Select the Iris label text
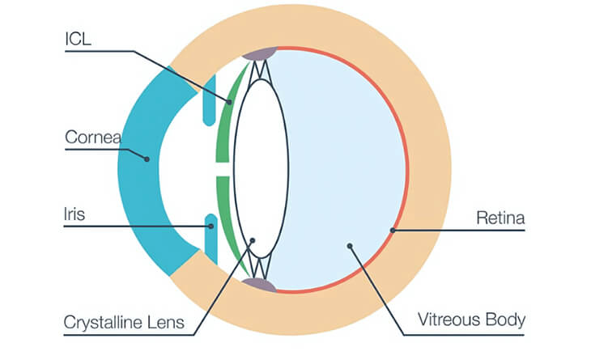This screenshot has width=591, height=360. point(74,214)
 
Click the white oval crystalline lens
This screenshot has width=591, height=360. point(261,162)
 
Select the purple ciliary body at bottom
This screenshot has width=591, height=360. point(261,284)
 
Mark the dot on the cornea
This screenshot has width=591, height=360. point(147,159)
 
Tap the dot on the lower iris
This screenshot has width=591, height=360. point(210,226)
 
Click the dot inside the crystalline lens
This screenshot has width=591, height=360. point(253,239)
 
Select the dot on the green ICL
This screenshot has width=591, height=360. point(230,103)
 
